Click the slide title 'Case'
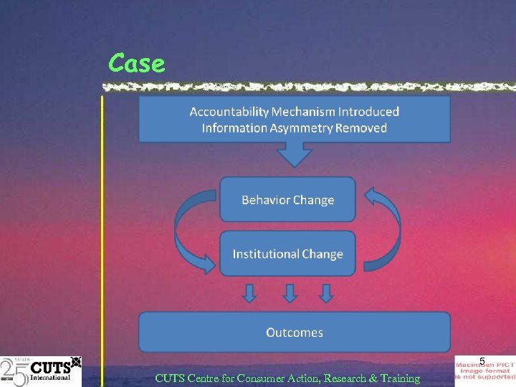[x=137, y=64]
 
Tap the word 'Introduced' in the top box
[x=368, y=112]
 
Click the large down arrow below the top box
[x=294, y=155]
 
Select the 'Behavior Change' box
[x=287, y=200]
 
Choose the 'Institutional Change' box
[x=287, y=254]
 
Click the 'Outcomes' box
[x=294, y=333]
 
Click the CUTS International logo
[x=41, y=371]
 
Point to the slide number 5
[x=482, y=360]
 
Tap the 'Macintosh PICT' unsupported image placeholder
[x=485, y=371]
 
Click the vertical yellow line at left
[x=102, y=236]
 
